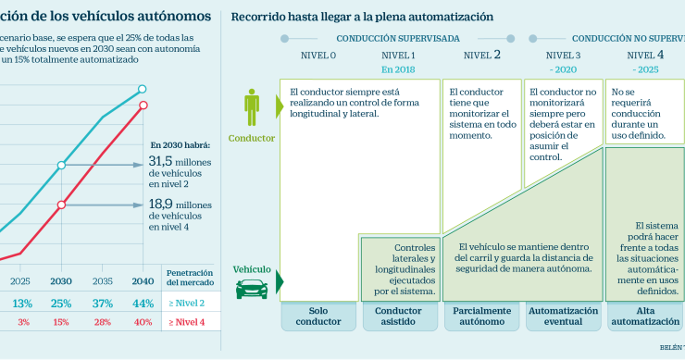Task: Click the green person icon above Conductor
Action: click(x=252, y=106)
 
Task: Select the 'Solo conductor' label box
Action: click(x=318, y=317)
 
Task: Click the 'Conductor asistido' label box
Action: click(x=398, y=317)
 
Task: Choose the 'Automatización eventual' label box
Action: click(x=562, y=317)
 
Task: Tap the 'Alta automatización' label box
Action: click(x=644, y=317)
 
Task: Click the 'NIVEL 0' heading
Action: click(x=318, y=56)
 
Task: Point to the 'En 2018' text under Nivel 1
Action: click(x=399, y=69)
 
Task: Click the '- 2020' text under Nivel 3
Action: click(x=563, y=69)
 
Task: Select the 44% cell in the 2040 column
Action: click(x=143, y=303)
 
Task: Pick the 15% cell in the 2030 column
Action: click(x=61, y=321)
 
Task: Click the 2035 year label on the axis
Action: click(x=103, y=280)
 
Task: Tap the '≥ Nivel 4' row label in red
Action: click(x=188, y=321)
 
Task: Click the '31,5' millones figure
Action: click(x=168, y=163)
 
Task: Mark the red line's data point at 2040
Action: click(x=143, y=105)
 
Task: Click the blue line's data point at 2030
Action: click(x=61, y=166)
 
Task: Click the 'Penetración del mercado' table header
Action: click(x=188, y=279)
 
